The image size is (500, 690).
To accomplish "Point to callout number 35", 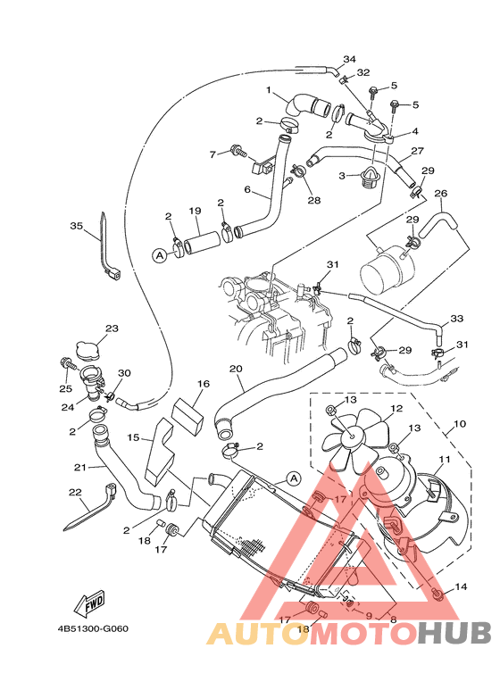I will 76,226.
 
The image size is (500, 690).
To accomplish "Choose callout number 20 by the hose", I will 236,369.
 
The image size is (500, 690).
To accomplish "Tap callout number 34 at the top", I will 349,59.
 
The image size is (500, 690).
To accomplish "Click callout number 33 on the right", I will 456,319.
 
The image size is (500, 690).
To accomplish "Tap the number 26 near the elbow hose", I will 440,193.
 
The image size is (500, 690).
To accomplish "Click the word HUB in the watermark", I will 454,634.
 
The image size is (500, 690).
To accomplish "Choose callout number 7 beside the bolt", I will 214,154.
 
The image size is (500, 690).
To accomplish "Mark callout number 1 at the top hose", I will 268,89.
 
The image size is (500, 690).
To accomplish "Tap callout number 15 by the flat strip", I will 133,437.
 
